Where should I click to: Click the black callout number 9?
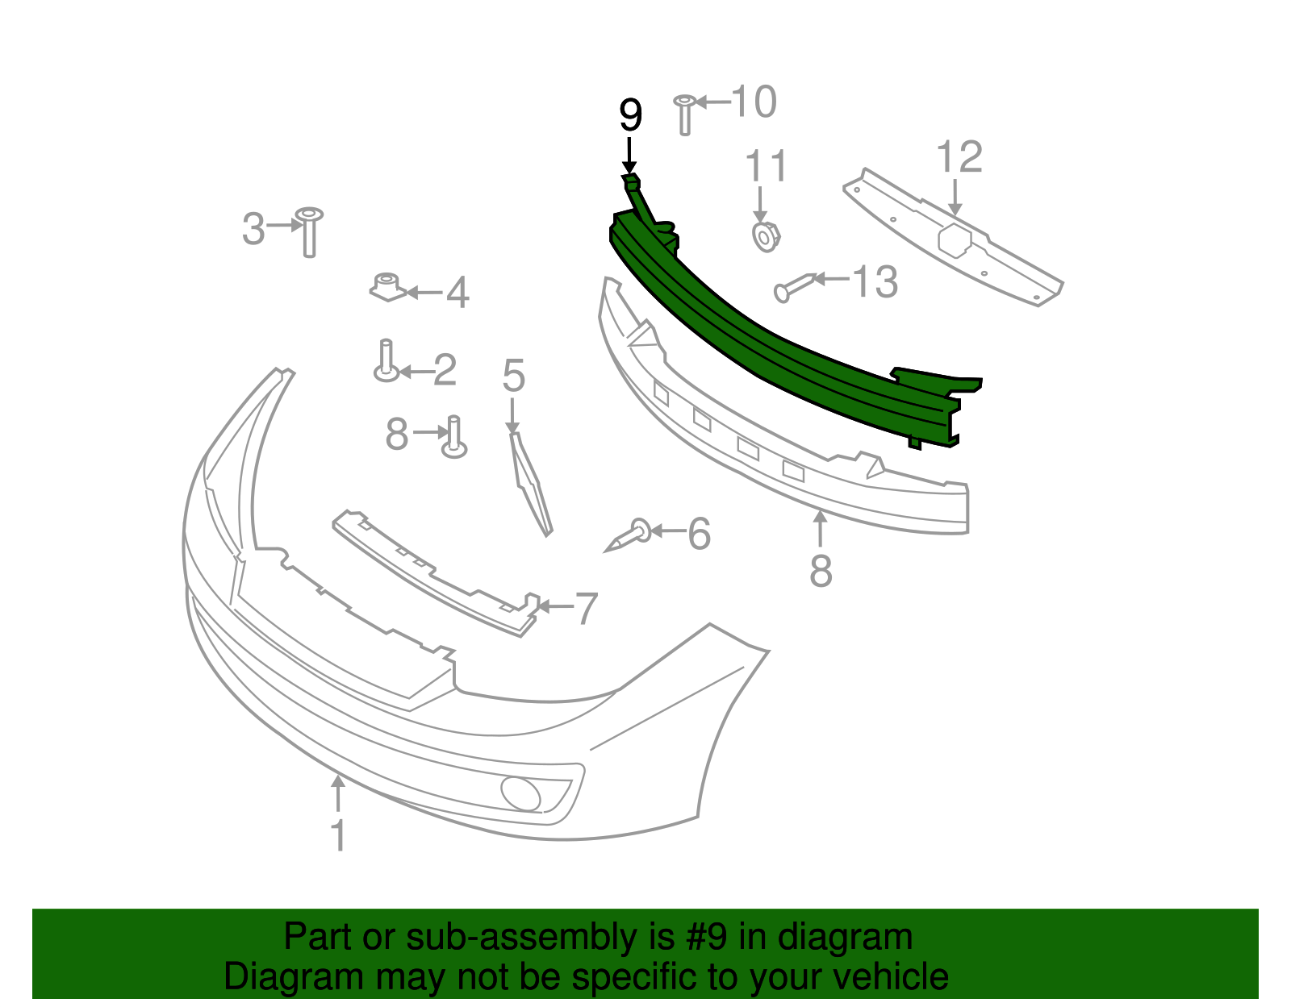pyautogui.click(x=630, y=116)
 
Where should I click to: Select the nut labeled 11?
pyautogui.click(x=765, y=237)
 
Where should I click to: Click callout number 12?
pyautogui.click(x=959, y=157)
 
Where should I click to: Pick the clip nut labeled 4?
pyautogui.click(x=387, y=287)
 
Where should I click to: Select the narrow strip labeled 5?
pyautogui.click(x=530, y=485)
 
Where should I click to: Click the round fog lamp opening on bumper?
pyautogui.click(x=520, y=793)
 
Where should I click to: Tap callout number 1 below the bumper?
pyautogui.click(x=339, y=835)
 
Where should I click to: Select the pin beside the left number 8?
pyautogui.click(x=454, y=438)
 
